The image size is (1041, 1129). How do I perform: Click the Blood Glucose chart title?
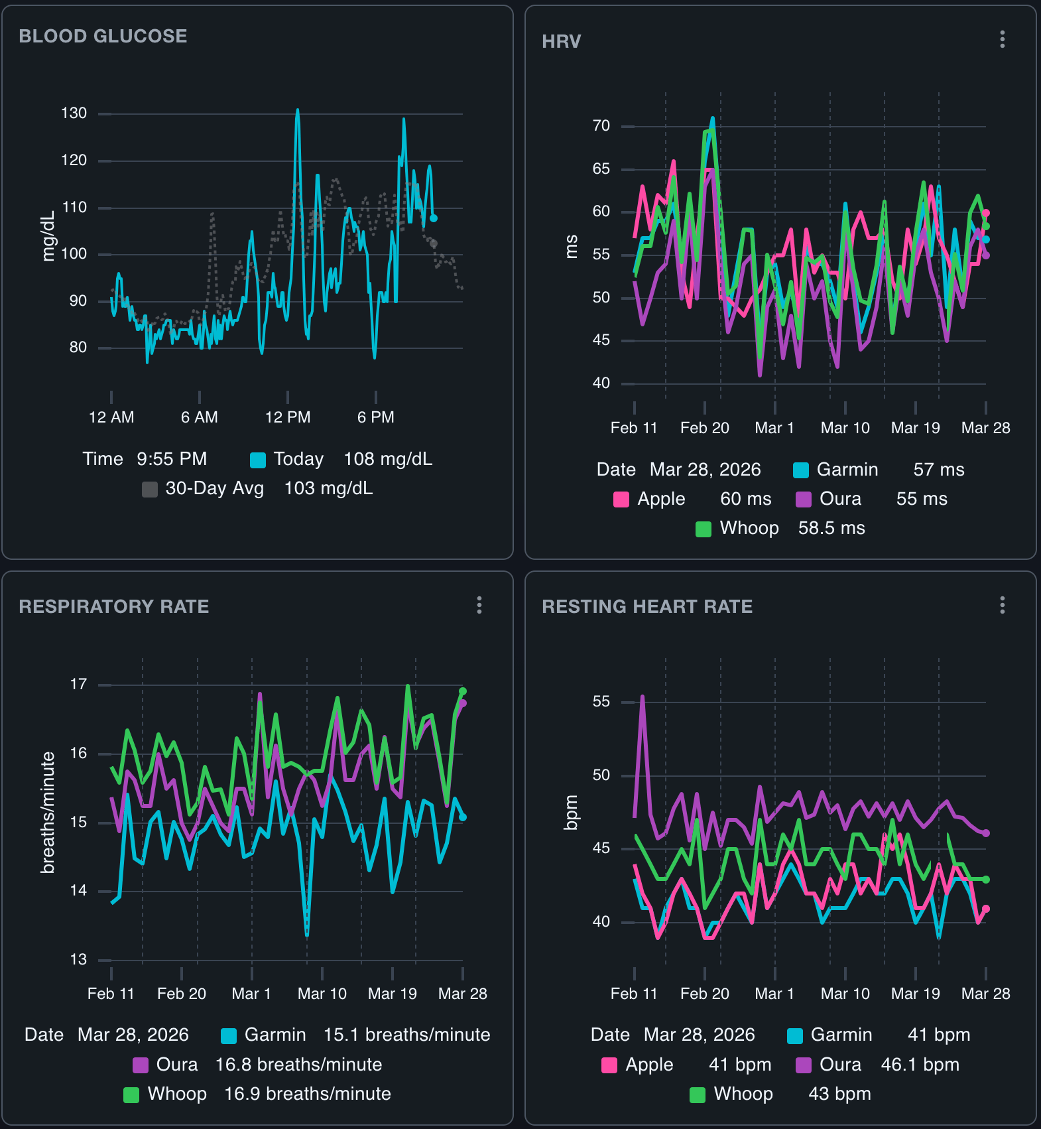coord(103,36)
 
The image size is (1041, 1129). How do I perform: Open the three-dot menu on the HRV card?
coord(1002,40)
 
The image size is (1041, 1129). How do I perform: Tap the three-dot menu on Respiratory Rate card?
coord(479,605)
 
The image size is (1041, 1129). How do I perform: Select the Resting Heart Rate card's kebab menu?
coord(1002,605)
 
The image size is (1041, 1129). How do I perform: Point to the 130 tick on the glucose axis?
coord(74,113)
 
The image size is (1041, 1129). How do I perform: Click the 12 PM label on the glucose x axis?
coord(287,417)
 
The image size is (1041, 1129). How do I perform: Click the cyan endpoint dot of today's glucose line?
coord(434,218)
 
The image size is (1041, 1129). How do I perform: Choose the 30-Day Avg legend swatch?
coord(150,490)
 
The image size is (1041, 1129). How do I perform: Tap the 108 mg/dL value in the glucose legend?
coord(387,459)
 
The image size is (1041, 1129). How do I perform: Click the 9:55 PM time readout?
coord(172,459)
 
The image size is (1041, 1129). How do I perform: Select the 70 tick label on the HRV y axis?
coord(601,126)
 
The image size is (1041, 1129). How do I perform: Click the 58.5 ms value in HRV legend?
coord(831,528)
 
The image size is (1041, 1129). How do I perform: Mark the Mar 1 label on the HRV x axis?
coord(774,428)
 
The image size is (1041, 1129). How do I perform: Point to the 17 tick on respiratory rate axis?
coord(78,684)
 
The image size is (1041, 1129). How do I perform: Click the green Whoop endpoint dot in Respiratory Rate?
coord(463,691)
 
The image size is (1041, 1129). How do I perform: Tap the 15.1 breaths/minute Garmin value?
coord(406,1035)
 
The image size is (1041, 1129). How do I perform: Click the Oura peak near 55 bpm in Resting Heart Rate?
coord(642,697)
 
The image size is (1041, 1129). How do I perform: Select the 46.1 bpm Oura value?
coord(920,1065)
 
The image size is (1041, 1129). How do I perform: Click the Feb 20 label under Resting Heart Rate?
coord(704,994)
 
